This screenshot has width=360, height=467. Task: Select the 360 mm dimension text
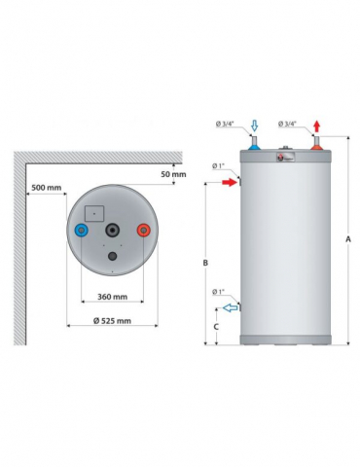(113, 297)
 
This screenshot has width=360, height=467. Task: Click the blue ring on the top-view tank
(80, 232)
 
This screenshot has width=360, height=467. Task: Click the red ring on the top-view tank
(145, 231)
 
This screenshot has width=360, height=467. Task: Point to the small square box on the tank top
(94, 209)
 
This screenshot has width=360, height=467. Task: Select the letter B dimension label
(205, 262)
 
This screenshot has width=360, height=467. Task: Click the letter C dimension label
(216, 326)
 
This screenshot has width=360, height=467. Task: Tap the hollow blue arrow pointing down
(253, 125)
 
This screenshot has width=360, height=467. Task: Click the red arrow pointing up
(317, 126)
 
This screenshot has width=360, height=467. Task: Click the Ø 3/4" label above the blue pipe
(227, 124)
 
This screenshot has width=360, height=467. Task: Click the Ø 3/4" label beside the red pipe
(289, 124)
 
